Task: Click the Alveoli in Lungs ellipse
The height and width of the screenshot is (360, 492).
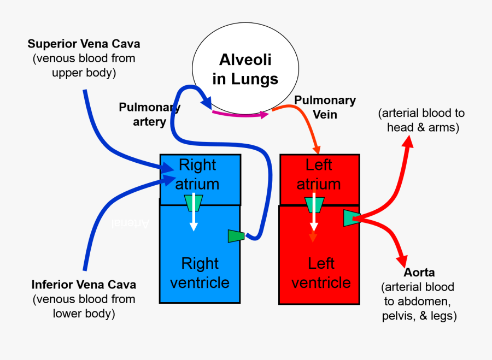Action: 245,69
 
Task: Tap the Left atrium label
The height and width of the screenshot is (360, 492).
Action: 319,174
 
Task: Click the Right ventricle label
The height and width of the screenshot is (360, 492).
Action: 200,273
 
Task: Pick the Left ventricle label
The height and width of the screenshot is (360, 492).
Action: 321,273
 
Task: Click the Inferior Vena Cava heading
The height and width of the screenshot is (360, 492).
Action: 84,285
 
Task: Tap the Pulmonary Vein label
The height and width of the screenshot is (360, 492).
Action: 325,107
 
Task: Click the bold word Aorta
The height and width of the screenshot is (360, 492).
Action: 419,273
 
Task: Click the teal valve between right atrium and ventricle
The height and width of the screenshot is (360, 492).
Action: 194,203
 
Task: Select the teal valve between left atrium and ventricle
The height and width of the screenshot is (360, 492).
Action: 314,204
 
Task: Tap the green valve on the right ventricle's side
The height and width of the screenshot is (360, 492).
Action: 236,236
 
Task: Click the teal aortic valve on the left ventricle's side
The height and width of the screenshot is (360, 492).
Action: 350,217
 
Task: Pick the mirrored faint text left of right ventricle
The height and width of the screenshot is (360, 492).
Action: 130,223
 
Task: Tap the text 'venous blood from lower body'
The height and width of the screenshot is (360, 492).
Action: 84,306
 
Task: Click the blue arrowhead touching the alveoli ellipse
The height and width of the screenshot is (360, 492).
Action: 207,102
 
